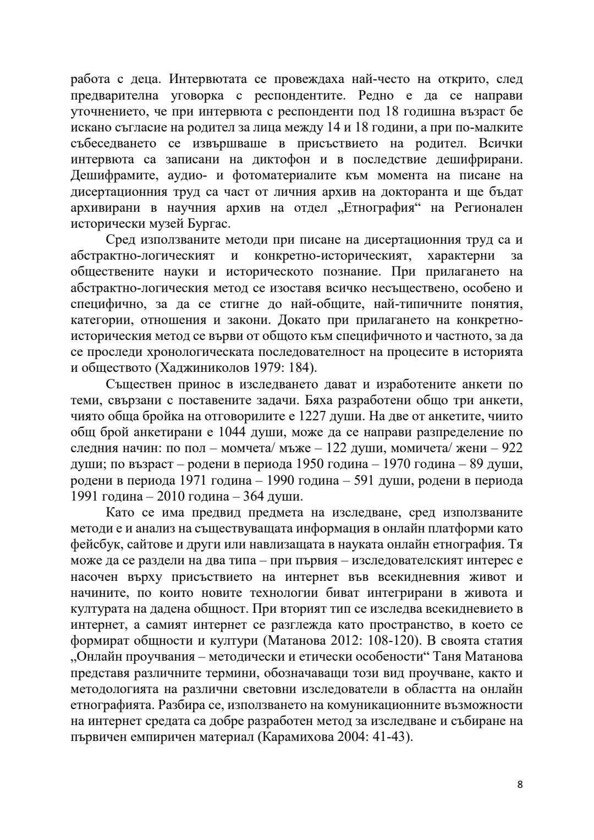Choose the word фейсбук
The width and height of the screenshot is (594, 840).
[x=94, y=544]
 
